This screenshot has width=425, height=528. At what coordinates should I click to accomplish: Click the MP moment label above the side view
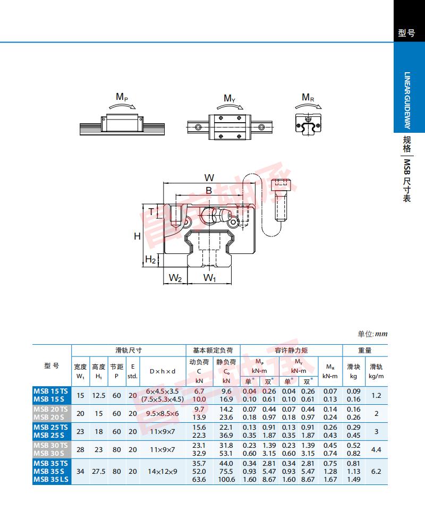coord(122,97)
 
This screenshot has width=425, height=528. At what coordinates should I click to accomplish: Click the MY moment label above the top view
coord(229,98)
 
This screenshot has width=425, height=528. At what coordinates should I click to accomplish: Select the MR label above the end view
coord(308,98)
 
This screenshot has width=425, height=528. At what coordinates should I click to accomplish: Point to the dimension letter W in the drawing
coord(209,177)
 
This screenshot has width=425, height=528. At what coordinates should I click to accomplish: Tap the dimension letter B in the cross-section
coord(209,191)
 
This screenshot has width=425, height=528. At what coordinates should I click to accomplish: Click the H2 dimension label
coord(150,259)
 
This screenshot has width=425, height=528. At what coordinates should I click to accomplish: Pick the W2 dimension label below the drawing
coord(175,278)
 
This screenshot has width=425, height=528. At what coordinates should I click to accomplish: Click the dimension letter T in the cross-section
coord(151,212)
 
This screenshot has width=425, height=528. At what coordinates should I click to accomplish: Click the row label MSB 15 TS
coord(50,391)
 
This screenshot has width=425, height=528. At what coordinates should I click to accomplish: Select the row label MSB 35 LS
coord(51,480)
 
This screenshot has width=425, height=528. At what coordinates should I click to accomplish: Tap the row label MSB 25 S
coord(49,435)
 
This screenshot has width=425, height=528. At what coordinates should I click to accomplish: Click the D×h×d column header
coord(163,371)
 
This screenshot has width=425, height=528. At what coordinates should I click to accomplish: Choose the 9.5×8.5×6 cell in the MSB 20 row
coord(163,413)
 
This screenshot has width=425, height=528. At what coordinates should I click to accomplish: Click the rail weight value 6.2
coord(376,472)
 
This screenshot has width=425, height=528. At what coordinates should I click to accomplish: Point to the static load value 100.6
coord(226,480)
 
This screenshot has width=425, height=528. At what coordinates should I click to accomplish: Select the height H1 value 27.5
coord(99,472)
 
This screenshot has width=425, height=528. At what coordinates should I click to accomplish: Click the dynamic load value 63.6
coord(199,480)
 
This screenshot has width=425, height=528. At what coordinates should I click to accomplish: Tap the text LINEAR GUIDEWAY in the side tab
coord(407,100)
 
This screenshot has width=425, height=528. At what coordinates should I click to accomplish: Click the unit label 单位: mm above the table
coord(372,334)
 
